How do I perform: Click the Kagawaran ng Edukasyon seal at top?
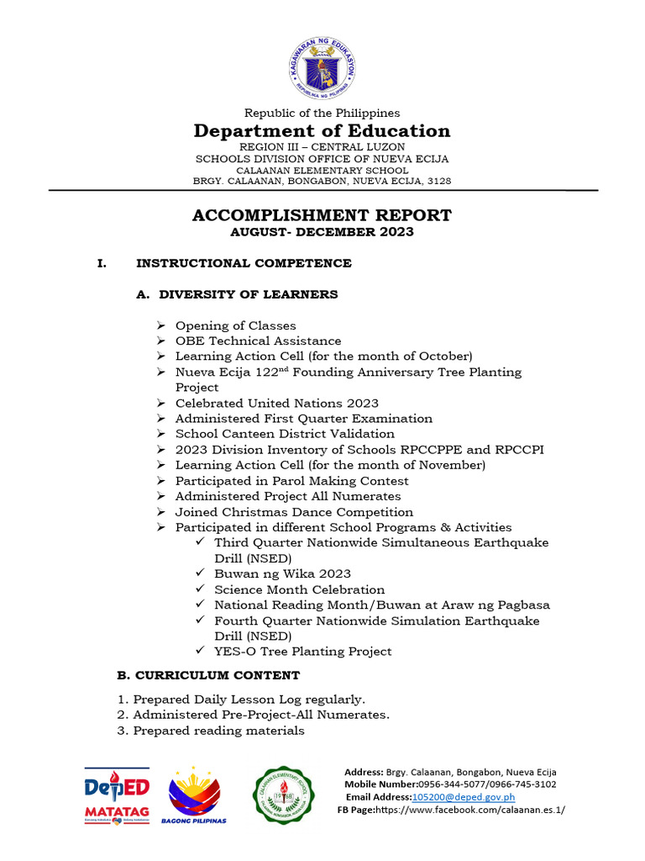coord(322,67)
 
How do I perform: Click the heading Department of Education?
coord(322,130)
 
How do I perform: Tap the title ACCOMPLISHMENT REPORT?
coord(322,215)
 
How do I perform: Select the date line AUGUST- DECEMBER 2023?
coord(322,232)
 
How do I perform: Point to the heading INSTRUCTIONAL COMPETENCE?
coord(244,263)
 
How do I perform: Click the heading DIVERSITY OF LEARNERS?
coord(249,294)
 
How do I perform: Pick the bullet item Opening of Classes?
coord(235,325)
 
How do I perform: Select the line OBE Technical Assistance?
coord(258,341)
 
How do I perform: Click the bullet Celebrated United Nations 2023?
coord(276,403)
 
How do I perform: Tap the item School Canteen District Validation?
coord(285,434)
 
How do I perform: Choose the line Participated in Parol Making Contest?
coord(291,481)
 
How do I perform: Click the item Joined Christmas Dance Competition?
coord(294,512)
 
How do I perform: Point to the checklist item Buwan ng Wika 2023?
coord(282,573)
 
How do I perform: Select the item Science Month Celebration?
coord(299,589)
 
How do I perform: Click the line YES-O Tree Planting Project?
coord(302,651)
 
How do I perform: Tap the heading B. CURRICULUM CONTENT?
coord(207,675)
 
